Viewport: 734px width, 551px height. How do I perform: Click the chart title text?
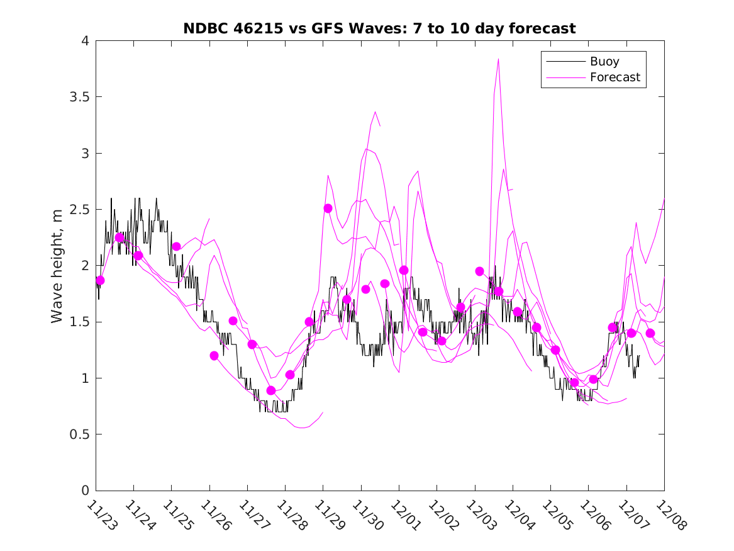pos(379,28)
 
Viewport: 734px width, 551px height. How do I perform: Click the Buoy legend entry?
pos(604,62)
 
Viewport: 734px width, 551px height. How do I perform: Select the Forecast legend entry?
pos(614,77)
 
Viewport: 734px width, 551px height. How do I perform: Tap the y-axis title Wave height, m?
pos(57,265)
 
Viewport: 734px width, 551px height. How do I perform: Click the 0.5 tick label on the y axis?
pos(79,435)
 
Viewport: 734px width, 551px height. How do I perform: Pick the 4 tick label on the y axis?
pos(84,41)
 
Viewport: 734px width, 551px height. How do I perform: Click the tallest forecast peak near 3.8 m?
pos(498,59)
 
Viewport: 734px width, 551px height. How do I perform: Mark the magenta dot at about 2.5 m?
pos(328,208)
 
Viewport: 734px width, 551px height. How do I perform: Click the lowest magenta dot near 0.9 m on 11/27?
pos(271,390)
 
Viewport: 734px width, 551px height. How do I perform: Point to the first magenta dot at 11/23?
pos(100,280)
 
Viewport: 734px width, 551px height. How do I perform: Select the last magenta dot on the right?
pos(650,333)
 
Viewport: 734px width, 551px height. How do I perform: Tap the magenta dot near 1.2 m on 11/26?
pos(214,356)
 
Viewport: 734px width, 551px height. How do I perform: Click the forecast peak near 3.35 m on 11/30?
pos(375,112)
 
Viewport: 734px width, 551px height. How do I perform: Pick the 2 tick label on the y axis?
pos(84,266)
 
